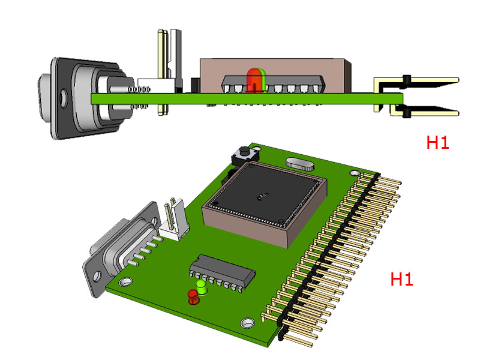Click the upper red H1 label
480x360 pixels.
(x=438, y=142)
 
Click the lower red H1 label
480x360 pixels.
(x=401, y=279)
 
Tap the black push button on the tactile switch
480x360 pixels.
(x=244, y=151)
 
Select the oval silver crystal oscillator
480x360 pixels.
(x=300, y=164)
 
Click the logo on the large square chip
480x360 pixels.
(x=263, y=197)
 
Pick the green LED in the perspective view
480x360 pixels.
(x=202, y=287)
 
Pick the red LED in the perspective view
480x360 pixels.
(x=193, y=297)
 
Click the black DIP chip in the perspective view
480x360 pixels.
(x=222, y=272)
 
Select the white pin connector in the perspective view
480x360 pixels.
(x=174, y=220)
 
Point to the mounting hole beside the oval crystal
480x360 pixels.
(x=354, y=173)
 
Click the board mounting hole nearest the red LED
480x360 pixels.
(x=247, y=323)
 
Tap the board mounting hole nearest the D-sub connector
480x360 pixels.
(x=125, y=281)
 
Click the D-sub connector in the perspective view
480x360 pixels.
(x=122, y=247)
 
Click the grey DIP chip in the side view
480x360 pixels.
(x=272, y=84)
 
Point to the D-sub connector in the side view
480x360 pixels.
(x=92, y=98)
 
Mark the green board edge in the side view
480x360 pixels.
(x=247, y=98)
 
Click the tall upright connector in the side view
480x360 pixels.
(x=170, y=72)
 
